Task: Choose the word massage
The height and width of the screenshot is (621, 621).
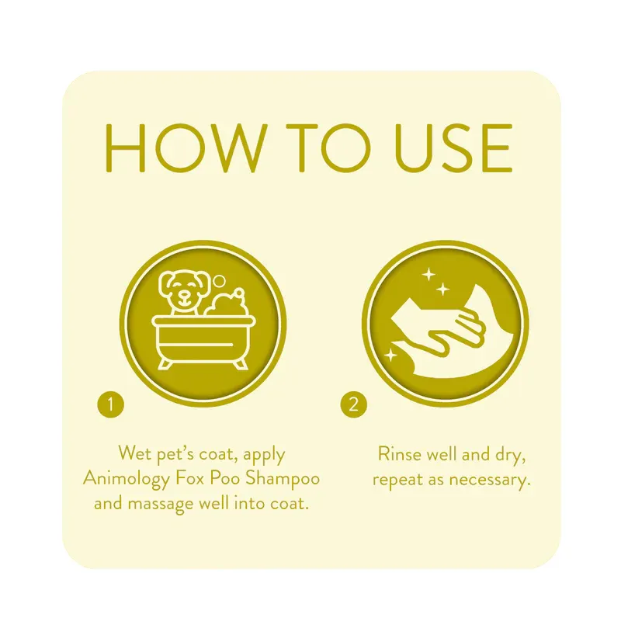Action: [162, 503]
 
